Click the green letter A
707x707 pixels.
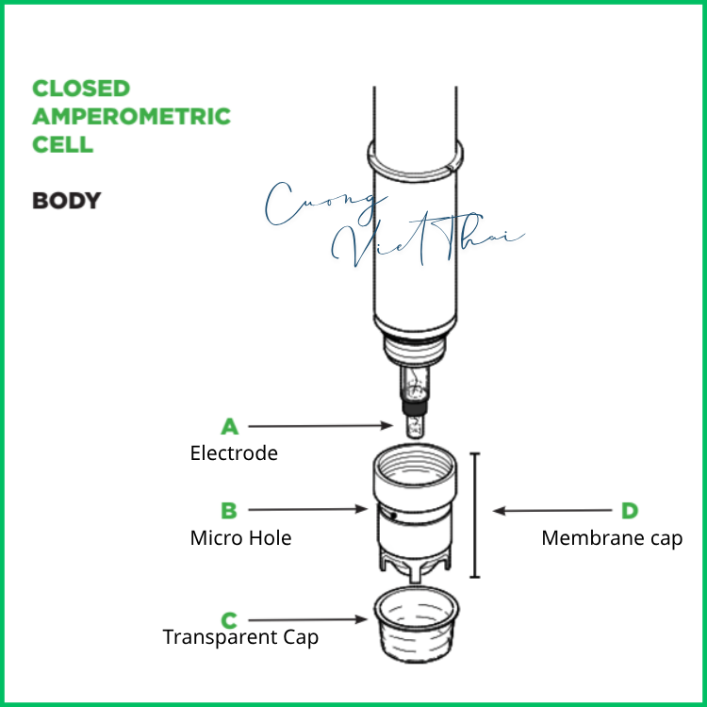coord(229,426)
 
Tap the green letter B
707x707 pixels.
coord(229,511)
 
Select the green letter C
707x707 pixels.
coord(229,619)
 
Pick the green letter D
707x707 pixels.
coord(629,511)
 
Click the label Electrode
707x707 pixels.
coord(234,453)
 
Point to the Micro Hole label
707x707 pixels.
coord(240,538)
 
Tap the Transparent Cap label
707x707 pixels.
coord(240,637)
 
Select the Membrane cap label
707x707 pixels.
coord(612,538)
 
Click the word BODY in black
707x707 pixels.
coord(66,201)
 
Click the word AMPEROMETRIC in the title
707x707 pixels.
coord(131,117)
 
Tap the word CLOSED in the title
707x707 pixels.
coord(81,89)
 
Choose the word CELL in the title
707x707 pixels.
coord(62,145)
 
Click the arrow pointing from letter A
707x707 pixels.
coord(321,426)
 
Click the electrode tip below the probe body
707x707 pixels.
coord(415,423)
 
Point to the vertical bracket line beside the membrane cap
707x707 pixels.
coord(474,515)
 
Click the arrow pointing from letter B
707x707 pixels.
coord(306,510)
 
